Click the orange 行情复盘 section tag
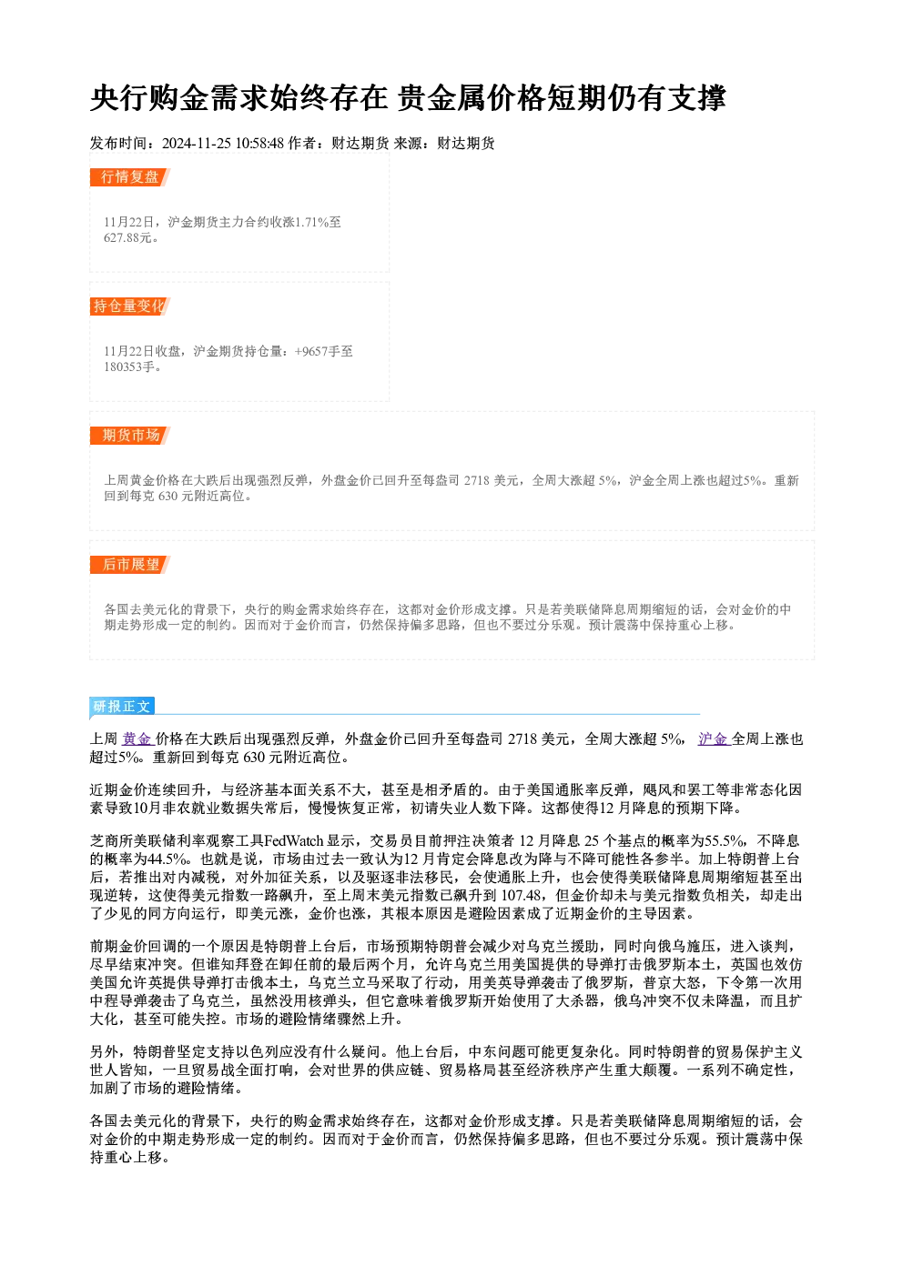pyautogui.click(x=130, y=177)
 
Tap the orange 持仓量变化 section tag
pyautogui.click(x=130, y=306)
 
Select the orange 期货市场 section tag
pyautogui.click(x=130, y=436)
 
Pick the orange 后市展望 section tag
pyautogui.click(x=130, y=565)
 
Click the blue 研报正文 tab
pyautogui.click(x=122, y=707)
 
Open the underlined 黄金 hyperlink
pyautogui.click(x=137, y=739)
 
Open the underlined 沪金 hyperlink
pyautogui.click(x=714, y=739)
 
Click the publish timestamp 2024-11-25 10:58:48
pyautogui.click(x=223, y=144)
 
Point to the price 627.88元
pyautogui.click(x=128, y=238)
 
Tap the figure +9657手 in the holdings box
pyautogui.click(x=318, y=352)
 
